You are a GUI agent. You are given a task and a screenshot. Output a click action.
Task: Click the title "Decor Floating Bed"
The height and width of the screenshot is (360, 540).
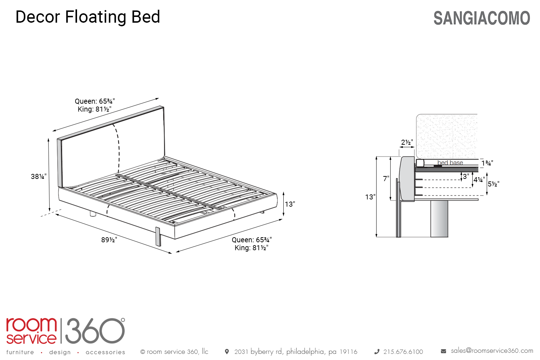click(x=88, y=17)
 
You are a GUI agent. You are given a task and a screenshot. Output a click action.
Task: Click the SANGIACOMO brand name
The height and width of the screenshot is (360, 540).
click(x=482, y=18)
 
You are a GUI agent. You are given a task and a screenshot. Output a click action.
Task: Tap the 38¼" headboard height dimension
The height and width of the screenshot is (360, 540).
click(x=39, y=176)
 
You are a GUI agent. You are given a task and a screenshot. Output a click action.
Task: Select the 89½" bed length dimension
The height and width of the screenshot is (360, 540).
click(x=109, y=240)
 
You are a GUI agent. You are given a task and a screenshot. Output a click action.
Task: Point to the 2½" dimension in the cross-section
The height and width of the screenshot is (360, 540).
click(x=407, y=142)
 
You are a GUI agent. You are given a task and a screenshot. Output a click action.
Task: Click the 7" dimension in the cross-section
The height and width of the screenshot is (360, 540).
click(x=386, y=179)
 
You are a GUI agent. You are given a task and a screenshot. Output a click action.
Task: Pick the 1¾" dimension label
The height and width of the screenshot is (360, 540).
click(x=487, y=163)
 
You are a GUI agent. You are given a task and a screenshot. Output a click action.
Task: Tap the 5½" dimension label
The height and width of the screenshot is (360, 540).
click(x=494, y=184)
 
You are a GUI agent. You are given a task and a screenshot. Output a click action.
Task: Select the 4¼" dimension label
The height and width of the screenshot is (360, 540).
click(x=479, y=180)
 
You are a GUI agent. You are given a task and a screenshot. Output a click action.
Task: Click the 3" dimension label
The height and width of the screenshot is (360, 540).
click(x=466, y=176)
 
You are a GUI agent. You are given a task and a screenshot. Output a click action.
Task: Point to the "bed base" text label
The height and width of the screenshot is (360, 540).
click(x=450, y=163)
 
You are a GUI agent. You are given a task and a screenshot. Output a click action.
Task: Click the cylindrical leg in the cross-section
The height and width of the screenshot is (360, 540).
click(x=439, y=219)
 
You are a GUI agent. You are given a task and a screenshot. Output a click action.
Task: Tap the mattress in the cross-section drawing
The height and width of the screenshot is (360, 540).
click(x=447, y=136)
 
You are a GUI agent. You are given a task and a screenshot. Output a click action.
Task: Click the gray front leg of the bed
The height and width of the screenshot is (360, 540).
click(x=158, y=237)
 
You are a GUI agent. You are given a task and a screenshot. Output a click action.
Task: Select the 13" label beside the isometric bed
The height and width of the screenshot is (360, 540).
click(x=290, y=204)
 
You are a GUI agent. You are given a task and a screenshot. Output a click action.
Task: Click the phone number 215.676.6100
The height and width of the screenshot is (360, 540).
click(x=403, y=352)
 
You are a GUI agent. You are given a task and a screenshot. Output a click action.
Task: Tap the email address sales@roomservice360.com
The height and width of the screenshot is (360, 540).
click(x=492, y=351)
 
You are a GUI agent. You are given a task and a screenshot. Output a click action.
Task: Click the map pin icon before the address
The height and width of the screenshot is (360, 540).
click(x=226, y=352)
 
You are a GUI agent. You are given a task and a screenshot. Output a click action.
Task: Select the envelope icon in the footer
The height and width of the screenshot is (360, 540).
click(x=443, y=351)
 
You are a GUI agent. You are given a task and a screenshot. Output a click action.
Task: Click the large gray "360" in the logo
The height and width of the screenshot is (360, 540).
click(x=95, y=331)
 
